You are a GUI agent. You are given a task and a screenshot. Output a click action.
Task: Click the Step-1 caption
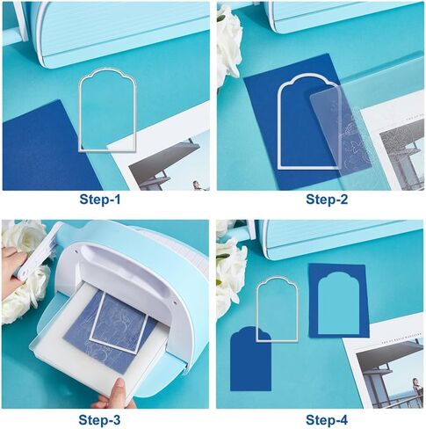pos(100,200)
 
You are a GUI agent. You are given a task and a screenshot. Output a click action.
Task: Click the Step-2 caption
pos(327,200)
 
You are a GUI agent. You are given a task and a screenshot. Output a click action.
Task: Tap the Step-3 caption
pos(99,420)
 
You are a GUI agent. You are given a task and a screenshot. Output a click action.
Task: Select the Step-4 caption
pos(327,420)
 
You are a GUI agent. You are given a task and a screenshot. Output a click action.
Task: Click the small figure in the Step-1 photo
pos(196,185)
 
